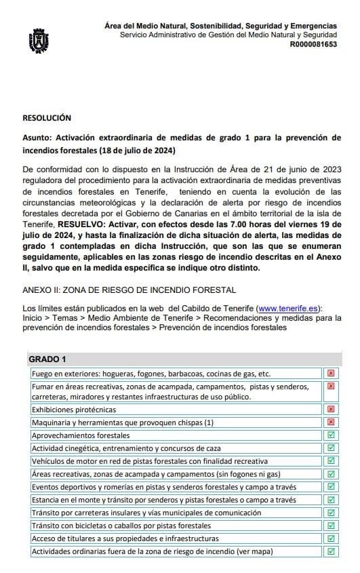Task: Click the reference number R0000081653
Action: pyautogui.click(x=313, y=44)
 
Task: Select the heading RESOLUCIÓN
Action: pyautogui.click(x=47, y=118)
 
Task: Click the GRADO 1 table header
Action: pyautogui.click(x=47, y=359)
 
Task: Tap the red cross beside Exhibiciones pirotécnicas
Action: pyautogui.click(x=331, y=410)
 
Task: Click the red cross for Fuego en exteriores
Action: pyautogui.click(x=331, y=373)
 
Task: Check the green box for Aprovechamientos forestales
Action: pyautogui.click(x=331, y=435)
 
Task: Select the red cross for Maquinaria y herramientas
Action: pyautogui.click(x=331, y=422)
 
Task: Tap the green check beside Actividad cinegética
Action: pyautogui.click(x=331, y=448)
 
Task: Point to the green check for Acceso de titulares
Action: pyautogui.click(x=331, y=538)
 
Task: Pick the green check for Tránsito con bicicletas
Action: pyautogui.click(x=331, y=526)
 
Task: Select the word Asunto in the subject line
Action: pyautogui.click(x=38, y=138)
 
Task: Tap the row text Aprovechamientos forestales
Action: pyautogui.click(x=81, y=435)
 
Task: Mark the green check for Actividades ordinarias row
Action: pyautogui.click(x=331, y=551)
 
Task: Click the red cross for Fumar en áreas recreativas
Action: pyautogui.click(x=331, y=386)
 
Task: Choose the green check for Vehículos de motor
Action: pyautogui.click(x=331, y=461)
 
